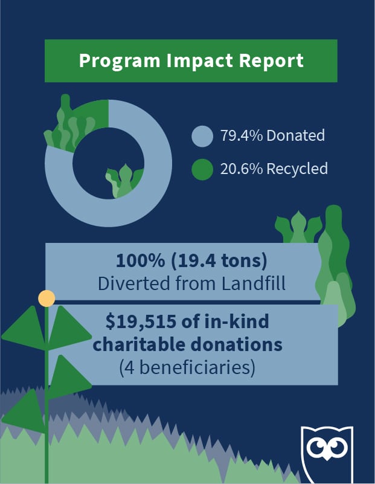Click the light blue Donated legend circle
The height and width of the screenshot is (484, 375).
pyautogui.click(x=202, y=136)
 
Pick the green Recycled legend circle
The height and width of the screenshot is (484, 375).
pyautogui.click(x=202, y=169)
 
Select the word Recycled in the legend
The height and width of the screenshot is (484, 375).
pyautogui.click(x=300, y=169)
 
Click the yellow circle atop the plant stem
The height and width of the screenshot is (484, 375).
pyautogui.click(x=46, y=298)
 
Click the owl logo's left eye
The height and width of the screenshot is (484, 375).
pyautogui.click(x=317, y=450)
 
